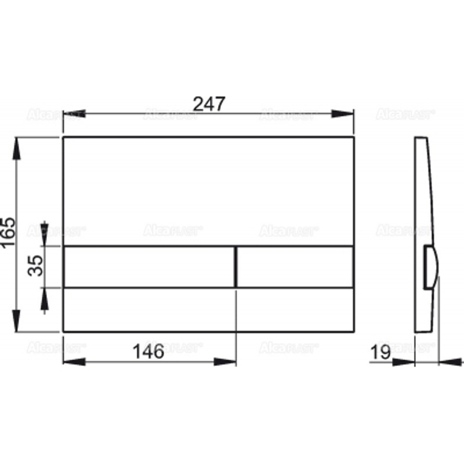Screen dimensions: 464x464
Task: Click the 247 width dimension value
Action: (209, 103)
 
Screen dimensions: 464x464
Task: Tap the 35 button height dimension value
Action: (36, 267)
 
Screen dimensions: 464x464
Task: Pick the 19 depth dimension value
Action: (381, 352)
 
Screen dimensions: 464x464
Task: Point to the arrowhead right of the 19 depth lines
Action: (448, 361)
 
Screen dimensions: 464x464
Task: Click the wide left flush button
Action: (148, 267)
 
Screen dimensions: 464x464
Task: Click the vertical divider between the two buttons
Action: (236, 267)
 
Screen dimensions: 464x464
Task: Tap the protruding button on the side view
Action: (431, 268)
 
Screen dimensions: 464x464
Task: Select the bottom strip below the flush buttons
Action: (209, 310)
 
